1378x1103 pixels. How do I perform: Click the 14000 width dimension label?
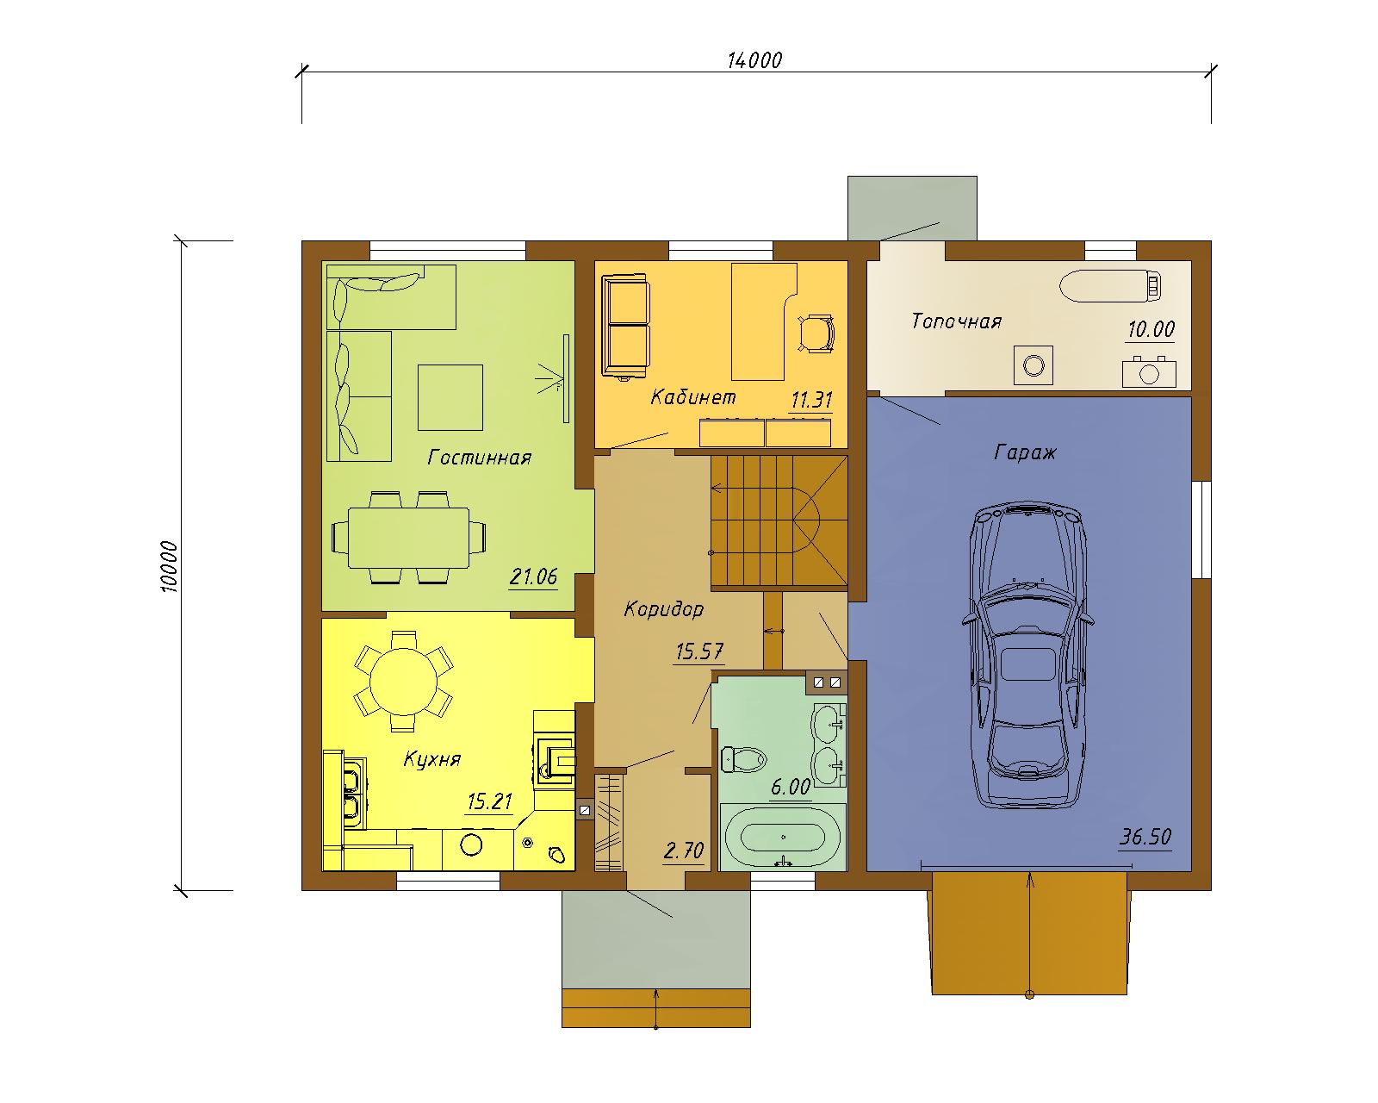click(x=754, y=60)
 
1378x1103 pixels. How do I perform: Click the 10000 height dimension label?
click(x=169, y=567)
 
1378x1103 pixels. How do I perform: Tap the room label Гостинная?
click(x=479, y=458)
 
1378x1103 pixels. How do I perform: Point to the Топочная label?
click(x=957, y=321)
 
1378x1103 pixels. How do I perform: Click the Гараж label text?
click(x=1025, y=453)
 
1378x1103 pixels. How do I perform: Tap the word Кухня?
click(x=432, y=759)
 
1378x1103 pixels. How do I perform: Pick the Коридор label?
click(x=664, y=609)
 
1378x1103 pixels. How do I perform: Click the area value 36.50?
click(x=1145, y=837)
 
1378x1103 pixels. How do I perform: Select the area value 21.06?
click(x=533, y=576)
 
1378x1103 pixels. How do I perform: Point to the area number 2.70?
click(x=684, y=851)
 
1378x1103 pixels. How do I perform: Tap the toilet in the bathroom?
click(x=744, y=759)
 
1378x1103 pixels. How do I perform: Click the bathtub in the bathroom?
click(x=783, y=838)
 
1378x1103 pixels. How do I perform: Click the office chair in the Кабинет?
click(x=816, y=333)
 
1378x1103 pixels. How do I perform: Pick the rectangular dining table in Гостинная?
click(x=408, y=538)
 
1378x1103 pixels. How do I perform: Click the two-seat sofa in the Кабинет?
click(x=625, y=327)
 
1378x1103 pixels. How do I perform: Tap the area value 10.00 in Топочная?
click(x=1151, y=329)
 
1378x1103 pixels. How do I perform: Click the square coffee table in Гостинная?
click(x=450, y=397)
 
